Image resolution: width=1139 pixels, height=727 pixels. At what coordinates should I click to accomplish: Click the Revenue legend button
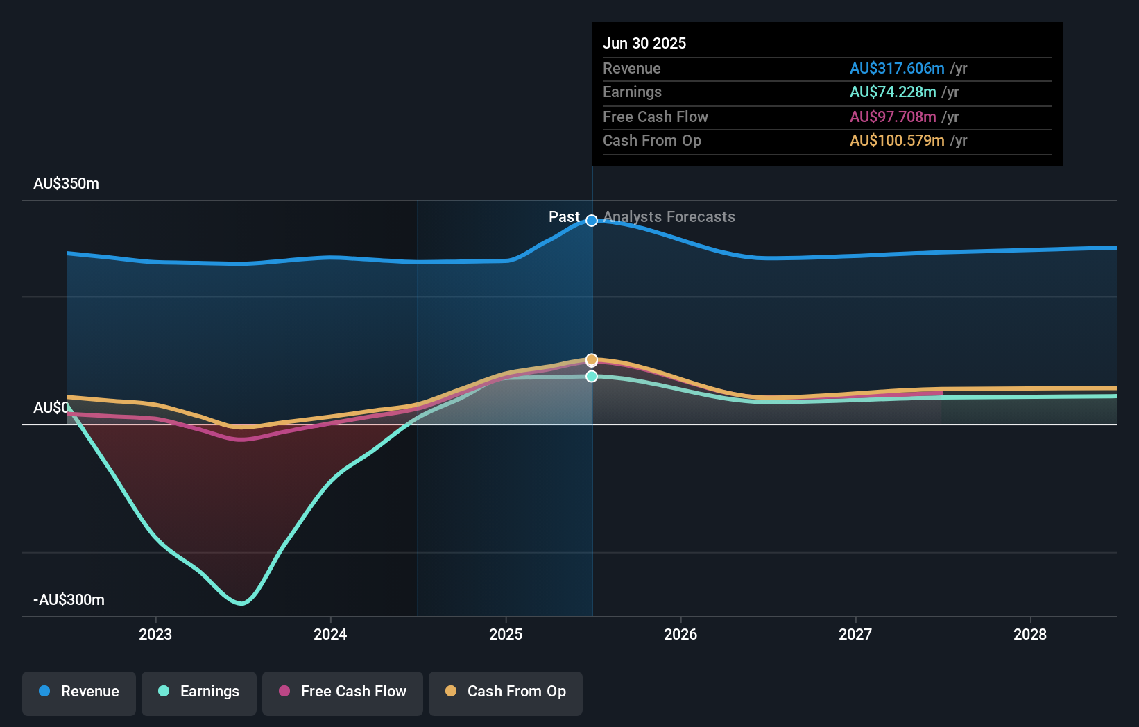click(78, 692)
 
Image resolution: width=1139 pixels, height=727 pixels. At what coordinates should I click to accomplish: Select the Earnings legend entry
click(198, 692)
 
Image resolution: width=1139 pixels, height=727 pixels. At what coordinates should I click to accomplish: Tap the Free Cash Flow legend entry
click(342, 692)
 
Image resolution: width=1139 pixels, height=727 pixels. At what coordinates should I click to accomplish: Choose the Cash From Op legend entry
click(505, 692)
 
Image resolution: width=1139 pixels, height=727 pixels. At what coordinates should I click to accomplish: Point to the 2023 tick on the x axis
click(155, 634)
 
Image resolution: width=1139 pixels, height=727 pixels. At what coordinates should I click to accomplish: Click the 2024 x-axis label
click(330, 634)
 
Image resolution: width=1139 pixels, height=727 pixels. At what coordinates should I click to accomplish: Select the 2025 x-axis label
click(506, 634)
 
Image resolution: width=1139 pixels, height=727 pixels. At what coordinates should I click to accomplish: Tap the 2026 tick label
click(680, 634)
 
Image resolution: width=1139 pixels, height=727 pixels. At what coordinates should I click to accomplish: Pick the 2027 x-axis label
click(855, 634)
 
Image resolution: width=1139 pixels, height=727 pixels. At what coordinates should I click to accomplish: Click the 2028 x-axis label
click(1030, 634)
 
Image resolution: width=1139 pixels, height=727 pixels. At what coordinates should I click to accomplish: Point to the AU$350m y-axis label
click(66, 184)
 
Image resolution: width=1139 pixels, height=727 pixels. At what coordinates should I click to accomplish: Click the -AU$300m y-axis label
click(69, 600)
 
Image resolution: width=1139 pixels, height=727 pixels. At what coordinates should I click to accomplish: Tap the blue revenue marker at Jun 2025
click(592, 221)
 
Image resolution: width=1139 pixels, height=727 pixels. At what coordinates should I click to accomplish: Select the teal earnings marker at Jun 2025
click(592, 376)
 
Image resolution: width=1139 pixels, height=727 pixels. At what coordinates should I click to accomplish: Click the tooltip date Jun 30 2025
click(644, 43)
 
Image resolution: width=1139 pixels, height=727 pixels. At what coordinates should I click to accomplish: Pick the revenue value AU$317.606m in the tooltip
click(897, 68)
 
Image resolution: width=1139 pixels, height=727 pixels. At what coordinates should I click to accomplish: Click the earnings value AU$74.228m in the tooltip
click(893, 92)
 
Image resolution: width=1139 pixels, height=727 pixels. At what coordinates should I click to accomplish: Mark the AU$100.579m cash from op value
click(897, 141)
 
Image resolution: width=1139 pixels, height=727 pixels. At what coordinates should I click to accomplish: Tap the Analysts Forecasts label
click(669, 217)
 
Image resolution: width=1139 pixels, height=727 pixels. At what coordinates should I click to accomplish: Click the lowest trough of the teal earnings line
click(241, 603)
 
